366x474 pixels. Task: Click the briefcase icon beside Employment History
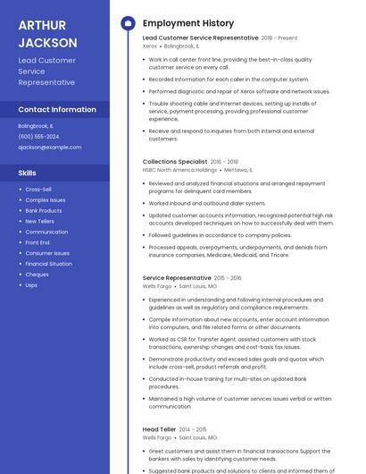(x=128, y=23)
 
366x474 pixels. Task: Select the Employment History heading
(x=188, y=23)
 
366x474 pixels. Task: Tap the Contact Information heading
(x=57, y=109)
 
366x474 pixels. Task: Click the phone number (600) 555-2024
(x=38, y=136)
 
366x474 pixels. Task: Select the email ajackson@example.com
(x=49, y=147)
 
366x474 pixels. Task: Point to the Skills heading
(x=28, y=173)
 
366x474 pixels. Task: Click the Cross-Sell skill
(x=38, y=190)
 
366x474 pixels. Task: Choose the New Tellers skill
(x=40, y=221)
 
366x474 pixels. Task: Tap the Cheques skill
(x=37, y=275)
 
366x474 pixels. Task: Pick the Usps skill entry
(x=31, y=285)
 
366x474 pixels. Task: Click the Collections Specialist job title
(x=175, y=162)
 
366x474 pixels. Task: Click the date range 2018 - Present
(x=279, y=38)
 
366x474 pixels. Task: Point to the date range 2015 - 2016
(x=228, y=278)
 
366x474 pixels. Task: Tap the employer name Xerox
(x=149, y=46)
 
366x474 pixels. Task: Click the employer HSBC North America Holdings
(x=179, y=169)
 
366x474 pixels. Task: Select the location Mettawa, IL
(x=238, y=169)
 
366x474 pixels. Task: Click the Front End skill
(x=37, y=242)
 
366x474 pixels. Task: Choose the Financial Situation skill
(x=49, y=264)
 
